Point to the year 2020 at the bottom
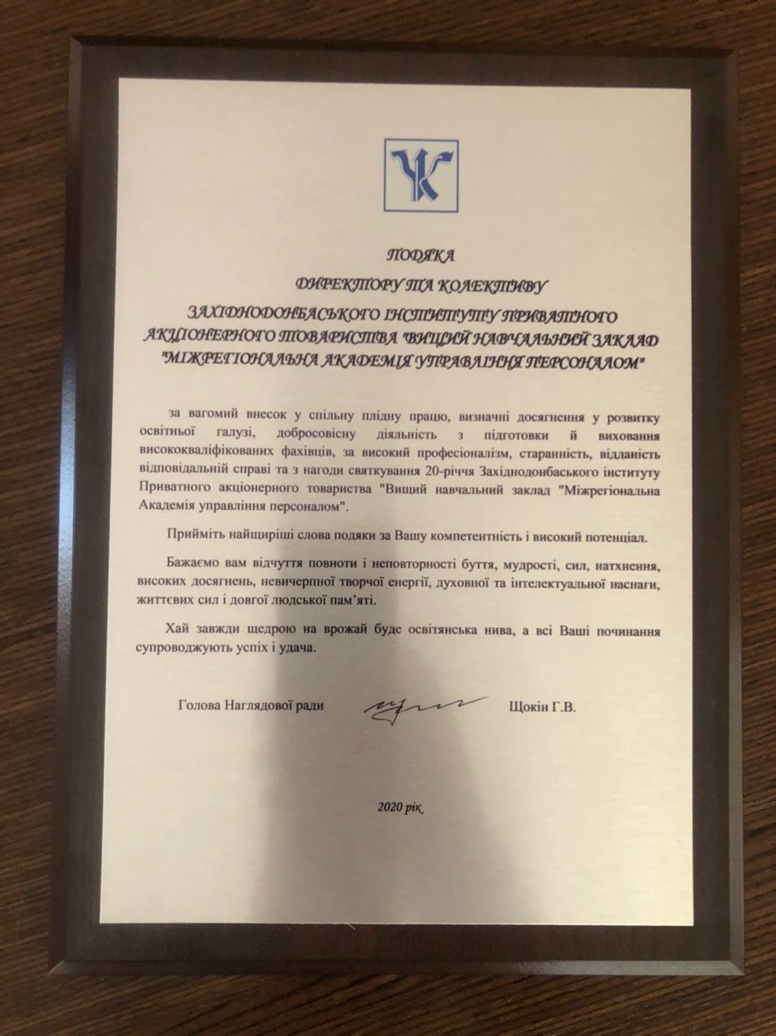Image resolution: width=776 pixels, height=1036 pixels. click(390, 808)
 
